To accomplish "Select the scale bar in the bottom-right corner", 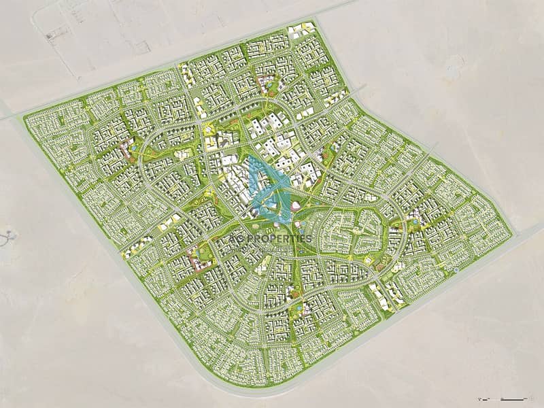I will click(511, 395).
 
